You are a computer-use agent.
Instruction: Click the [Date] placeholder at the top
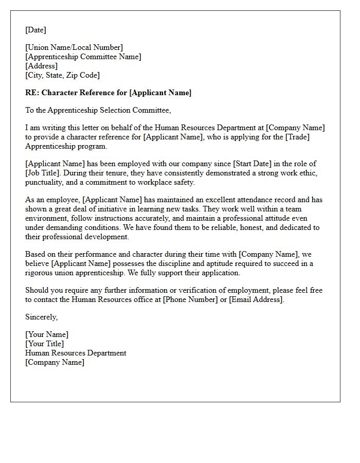35,30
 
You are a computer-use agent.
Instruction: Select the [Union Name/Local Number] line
74,48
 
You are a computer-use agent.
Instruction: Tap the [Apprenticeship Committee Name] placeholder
83,57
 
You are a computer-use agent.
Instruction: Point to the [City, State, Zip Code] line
62,75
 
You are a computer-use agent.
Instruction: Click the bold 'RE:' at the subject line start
32,93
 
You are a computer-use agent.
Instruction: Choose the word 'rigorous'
42,273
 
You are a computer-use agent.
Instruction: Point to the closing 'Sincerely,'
41,317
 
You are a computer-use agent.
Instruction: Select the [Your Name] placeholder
47,335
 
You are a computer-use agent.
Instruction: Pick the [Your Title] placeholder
45,344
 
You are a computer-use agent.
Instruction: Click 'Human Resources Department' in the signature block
76,353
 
